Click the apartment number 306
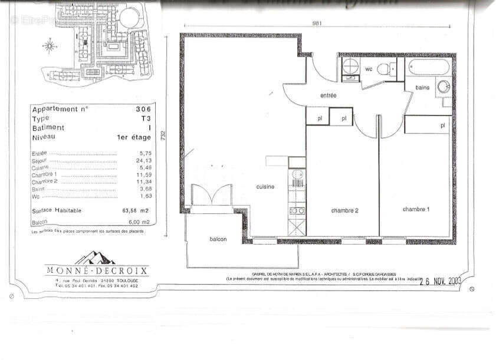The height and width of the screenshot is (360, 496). [x=143, y=109]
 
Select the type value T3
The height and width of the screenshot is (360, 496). [x=145, y=118]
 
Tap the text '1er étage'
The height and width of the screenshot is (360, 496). [x=134, y=137]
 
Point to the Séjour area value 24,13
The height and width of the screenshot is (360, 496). [x=144, y=160]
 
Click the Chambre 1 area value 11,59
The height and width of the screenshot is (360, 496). [x=144, y=175]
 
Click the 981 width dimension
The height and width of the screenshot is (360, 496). [x=317, y=24]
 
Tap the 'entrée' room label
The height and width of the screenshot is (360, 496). [x=329, y=95]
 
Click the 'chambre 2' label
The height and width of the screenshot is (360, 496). [x=344, y=210]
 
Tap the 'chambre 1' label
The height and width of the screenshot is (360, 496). [x=416, y=209]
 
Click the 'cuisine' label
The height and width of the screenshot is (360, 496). [x=265, y=186]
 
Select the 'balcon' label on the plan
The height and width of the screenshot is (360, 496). [x=218, y=239]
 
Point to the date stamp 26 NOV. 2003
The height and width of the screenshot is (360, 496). [x=440, y=281]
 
